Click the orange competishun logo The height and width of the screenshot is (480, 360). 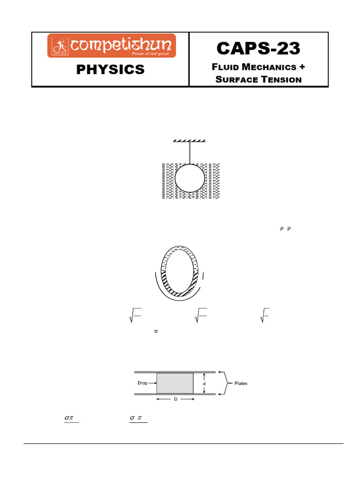[x=111, y=46]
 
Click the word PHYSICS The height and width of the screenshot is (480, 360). [x=111, y=70]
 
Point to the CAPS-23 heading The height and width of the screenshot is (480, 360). [x=258, y=48]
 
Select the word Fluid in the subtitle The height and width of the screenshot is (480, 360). [x=226, y=67]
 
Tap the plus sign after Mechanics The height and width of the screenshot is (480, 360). [x=301, y=67]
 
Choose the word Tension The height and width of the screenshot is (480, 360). [x=281, y=79]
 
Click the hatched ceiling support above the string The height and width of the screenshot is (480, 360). [x=190, y=141]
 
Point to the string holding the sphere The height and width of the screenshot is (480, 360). [x=190, y=152]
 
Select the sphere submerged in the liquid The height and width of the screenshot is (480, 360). [x=190, y=179]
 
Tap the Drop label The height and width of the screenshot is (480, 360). [x=142, y=383]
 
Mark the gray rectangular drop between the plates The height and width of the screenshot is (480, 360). [x=175, y=383]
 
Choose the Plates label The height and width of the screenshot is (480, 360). [x=238, y=383]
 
